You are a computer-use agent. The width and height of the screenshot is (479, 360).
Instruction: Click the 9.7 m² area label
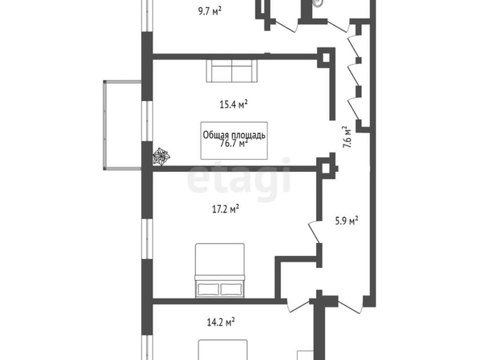coord(210,11)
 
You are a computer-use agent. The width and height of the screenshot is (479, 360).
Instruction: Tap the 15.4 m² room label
coord(233,104)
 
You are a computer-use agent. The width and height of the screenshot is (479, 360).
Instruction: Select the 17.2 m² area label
coord(225,209)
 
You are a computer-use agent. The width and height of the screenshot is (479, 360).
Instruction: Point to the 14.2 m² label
coord(221,322)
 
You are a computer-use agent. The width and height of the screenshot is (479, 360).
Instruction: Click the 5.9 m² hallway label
coord(347,220)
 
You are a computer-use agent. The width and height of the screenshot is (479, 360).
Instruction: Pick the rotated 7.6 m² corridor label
coord(348,136)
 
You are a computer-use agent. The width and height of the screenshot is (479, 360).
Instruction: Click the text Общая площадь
coord(234,135)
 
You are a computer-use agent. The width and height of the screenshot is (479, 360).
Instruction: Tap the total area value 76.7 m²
coord(234,143)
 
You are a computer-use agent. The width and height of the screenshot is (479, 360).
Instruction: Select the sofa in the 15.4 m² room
coord(232,71)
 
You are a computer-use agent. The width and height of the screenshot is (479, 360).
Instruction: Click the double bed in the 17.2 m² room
coord(220,270)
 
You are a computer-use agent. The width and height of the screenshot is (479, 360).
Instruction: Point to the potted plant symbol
coord(160,156)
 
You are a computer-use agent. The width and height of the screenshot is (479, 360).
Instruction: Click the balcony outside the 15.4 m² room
coord(123,125)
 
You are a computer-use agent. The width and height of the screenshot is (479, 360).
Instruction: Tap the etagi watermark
coord(239,178)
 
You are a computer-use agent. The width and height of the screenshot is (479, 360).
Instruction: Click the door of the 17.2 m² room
coord(314,232)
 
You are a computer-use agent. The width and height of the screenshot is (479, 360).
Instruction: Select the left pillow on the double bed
coord(208,289)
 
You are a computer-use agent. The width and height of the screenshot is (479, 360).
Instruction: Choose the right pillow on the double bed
coord(231,289)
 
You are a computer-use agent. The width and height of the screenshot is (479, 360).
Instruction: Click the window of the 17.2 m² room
coord(148,239)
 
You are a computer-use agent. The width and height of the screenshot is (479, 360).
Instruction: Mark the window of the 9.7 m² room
coord(148,15)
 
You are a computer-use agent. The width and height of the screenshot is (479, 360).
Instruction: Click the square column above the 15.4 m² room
coord(326,57)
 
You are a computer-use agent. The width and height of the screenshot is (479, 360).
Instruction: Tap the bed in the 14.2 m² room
coord(223,350)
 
